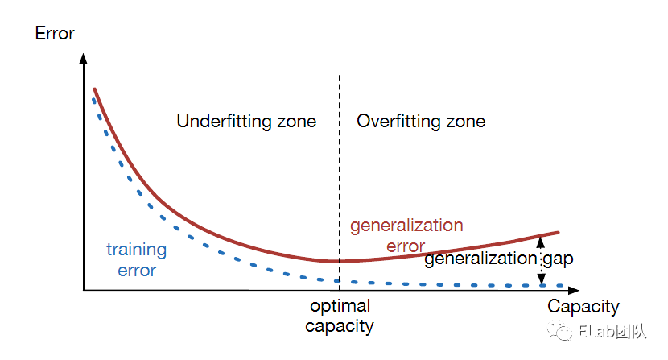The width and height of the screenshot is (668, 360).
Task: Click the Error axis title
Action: (55, 34)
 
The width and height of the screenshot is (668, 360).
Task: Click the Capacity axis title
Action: (583, 307)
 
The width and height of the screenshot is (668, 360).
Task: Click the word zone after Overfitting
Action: (468, 122)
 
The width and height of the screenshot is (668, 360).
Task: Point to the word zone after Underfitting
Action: (295, 122)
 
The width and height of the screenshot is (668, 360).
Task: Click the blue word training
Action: (137, 250)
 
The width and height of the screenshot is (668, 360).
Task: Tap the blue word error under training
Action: (137, 270)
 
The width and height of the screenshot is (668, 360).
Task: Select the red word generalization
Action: (406, 226)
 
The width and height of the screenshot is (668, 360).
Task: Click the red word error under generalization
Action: (405, 246)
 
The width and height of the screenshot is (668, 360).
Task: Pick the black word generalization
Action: (480, 259)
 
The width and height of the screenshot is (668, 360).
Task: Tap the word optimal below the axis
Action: (340, 307)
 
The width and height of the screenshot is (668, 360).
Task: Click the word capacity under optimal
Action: (340, 326)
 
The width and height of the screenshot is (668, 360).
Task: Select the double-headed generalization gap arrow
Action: (542, 259)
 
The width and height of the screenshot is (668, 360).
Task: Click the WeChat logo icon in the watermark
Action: (558, 331)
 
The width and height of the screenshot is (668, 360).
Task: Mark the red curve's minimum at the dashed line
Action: (339, 261)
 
